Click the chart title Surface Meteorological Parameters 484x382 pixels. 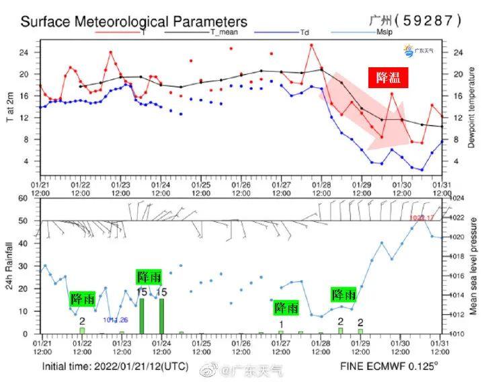(134, 22)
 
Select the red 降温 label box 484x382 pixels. (387, 78)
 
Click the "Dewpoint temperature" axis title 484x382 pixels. (472, 110)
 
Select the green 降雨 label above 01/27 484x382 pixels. (286, 307)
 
